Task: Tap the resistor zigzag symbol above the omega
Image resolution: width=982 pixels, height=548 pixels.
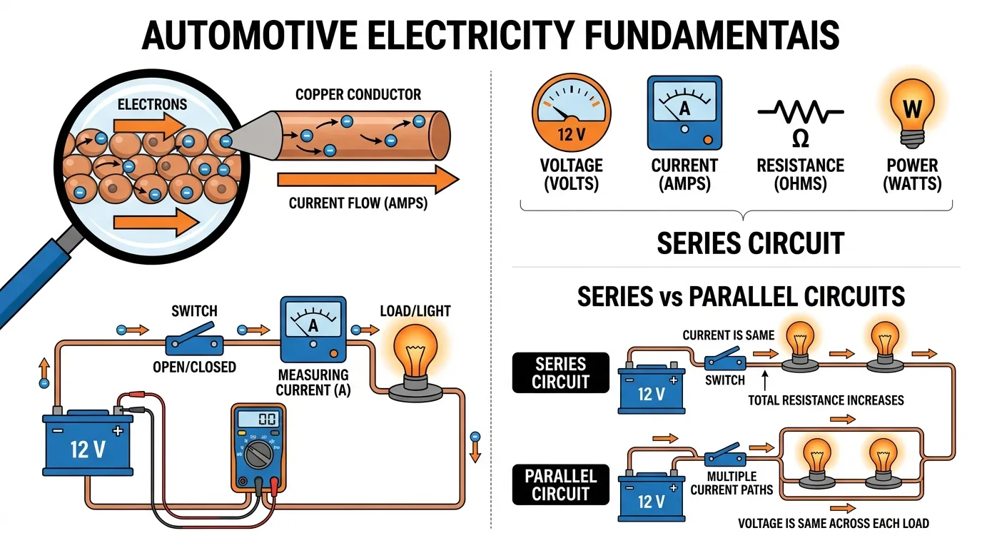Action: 801,112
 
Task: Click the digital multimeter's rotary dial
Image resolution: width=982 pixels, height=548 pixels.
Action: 258,455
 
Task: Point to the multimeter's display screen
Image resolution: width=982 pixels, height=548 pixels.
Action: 259,419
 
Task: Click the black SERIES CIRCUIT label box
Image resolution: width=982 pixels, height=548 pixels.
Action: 561,372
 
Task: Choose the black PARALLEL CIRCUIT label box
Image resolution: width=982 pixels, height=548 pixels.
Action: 561,484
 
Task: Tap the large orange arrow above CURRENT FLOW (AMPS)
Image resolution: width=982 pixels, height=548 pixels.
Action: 368,179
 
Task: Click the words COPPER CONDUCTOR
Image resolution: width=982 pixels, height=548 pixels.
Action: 358,94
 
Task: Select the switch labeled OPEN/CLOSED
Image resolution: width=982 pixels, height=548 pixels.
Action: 194,340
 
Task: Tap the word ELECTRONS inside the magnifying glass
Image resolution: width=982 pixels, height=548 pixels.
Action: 152,104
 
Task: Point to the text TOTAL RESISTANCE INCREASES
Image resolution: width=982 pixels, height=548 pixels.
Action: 826,400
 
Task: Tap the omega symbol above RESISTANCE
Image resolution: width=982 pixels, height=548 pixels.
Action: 801,138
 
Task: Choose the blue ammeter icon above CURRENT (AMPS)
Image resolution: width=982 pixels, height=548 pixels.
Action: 684,113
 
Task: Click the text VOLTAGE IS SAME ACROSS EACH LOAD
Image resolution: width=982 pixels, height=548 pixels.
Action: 834,524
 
